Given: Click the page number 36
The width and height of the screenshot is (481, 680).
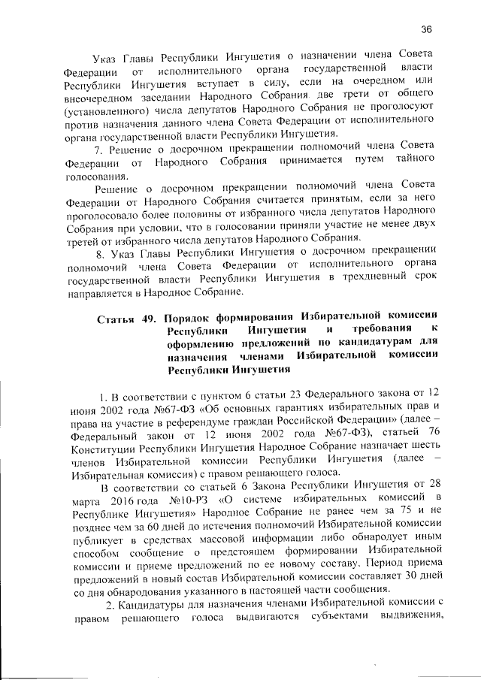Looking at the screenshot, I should click(x=426, y=29).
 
